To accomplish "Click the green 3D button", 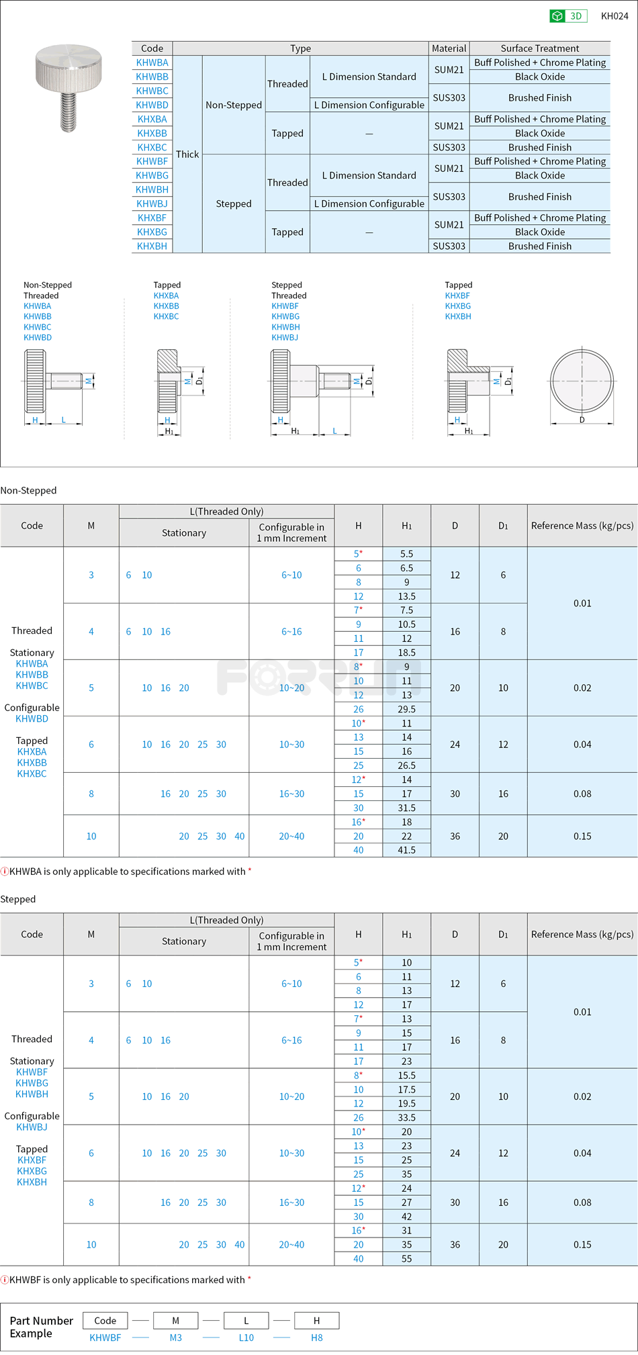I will coord(568,16).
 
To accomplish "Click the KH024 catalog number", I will coord(614,16).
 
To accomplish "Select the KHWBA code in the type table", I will coord(152,62).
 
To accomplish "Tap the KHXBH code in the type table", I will coord(152,246).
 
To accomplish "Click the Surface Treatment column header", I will coord(539,48).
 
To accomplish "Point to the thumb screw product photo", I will coord(69,87).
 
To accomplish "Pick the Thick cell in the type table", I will coord(187,154).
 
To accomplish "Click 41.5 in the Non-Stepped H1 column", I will coord(406,850).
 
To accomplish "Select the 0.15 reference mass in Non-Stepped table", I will coord(582,836).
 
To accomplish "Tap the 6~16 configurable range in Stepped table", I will coord(291,1040).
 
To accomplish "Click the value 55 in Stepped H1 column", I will coord(406,1259).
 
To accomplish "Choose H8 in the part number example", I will coord(316,1338).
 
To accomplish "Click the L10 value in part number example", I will coord(246,1338).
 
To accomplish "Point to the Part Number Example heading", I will coord(41,1327).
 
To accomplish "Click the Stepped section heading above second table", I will coord(18,899).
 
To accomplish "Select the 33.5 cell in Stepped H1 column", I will coord(406,1118).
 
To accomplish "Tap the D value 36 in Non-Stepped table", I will coord(455,836).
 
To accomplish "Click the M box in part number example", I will coord(175,1321).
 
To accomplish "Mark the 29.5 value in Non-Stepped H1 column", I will coord(406,709).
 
